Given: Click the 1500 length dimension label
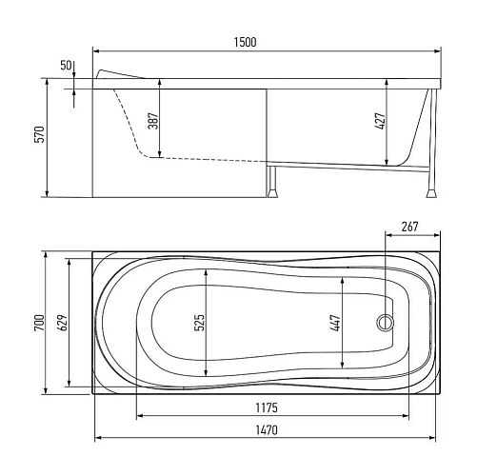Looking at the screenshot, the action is (245, 42).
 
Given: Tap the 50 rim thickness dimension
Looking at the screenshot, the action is (66, 66).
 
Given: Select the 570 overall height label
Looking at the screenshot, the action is (40, 134).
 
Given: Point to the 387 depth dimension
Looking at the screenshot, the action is (153, 121).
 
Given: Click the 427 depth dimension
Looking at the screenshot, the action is (380, 121).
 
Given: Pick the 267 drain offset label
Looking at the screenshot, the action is (409, 227).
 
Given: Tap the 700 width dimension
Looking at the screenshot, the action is (40, 323).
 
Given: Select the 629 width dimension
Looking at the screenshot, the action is (63, 323).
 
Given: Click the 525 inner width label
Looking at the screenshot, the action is (199, 323).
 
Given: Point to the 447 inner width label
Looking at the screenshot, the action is (335, 323).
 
